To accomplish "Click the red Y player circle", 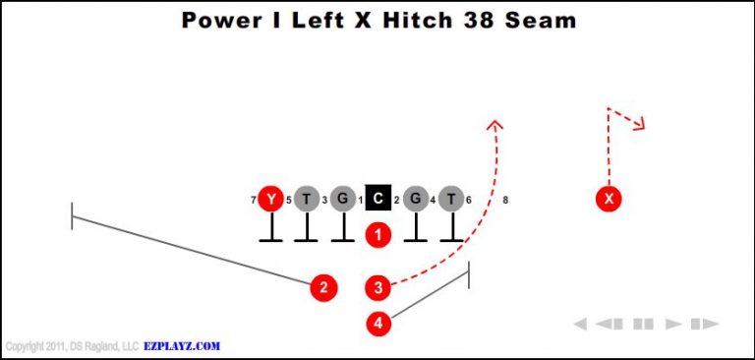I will [270, 200].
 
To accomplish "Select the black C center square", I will [378, 200].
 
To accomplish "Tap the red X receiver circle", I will [610, 200].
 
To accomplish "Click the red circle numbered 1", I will [378, 234].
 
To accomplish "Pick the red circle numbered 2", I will [322, 287].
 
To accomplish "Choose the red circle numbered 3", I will [378, 287].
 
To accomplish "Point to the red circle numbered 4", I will [378, 323].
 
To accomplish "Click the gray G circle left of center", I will [342, 200].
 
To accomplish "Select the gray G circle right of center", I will [415, 200].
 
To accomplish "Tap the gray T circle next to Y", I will [307, 200].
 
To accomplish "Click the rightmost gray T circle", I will [451, 200].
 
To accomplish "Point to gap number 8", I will [505, 201].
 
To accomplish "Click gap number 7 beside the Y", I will [254, 201].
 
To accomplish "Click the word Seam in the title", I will [539, 20].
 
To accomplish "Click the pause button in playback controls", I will [644, 324].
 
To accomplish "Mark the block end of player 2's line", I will [72, 215].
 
